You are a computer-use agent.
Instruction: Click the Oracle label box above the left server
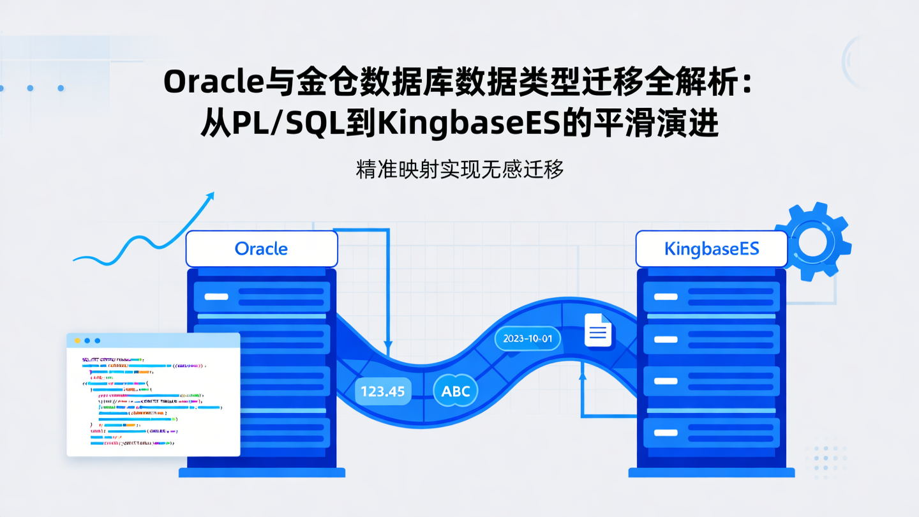click(x=261, y=248)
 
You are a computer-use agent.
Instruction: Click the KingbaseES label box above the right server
click(x=711, y=248)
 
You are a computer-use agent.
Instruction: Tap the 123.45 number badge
click(x=383, y=391)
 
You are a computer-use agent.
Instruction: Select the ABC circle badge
click(x=456, y=391)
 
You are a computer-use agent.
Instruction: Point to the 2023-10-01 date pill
click(x=527, y=338)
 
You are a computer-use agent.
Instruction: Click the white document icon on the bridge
click(x=598, y=330)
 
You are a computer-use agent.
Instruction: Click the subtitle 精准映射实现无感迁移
click(x=459, y=169)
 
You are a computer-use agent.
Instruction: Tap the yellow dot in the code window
click(x=78, y=341)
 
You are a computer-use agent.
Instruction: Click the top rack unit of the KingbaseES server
click(x=711, y=297)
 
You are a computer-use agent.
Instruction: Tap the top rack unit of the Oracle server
click(x=262, y=297)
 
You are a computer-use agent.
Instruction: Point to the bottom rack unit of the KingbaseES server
click(x=711, y=431)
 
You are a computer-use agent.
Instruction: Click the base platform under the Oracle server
click(x=262, y=473)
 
